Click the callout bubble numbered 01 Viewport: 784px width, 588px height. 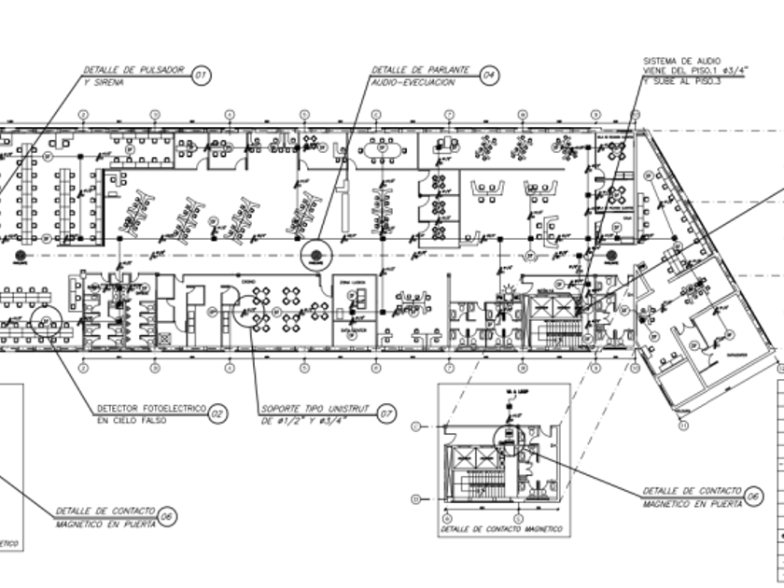(x=201, y=76)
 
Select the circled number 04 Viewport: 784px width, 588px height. (x=489, y=76)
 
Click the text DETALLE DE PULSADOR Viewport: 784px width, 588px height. (x=133, y=71)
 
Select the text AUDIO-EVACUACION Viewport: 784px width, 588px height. (x=413, y=82)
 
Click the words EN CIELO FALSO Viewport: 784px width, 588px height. (x=130, y=421)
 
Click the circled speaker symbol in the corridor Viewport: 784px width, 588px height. (x=315, y=253)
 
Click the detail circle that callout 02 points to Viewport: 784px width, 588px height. (x=44, y=322)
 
